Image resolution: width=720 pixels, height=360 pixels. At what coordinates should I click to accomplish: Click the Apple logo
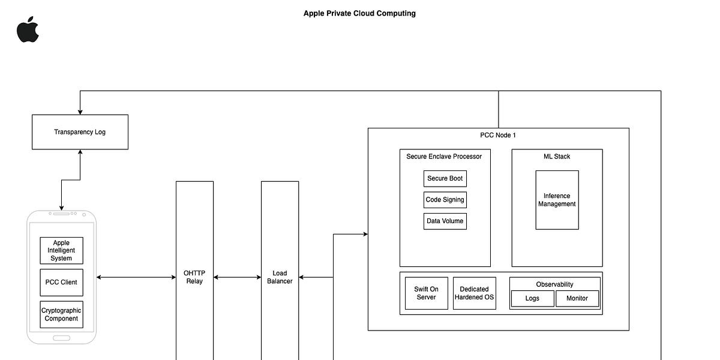28,30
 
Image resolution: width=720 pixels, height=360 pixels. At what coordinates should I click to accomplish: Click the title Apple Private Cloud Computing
359,13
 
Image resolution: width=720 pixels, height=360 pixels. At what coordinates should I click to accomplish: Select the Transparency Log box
80,132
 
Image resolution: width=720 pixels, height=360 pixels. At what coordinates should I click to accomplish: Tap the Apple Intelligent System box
61,251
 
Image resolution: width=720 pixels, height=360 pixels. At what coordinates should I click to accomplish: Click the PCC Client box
61,282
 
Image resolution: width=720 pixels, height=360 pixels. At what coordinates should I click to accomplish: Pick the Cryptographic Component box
61,314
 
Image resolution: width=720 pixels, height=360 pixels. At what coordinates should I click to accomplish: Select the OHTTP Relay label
194,277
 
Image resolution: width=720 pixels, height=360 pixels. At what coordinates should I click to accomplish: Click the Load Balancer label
280,277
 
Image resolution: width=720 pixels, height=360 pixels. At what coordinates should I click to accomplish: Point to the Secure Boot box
445,179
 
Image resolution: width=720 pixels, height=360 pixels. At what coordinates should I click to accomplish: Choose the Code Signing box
445,200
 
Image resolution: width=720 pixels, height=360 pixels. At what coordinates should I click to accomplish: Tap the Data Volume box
445,221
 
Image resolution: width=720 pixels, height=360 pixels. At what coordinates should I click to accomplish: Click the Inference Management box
557,200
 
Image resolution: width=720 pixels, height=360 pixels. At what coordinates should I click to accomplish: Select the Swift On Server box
426,293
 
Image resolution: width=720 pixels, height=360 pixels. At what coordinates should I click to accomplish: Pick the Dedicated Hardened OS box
474,293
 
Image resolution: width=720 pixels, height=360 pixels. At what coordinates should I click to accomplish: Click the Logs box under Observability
532,298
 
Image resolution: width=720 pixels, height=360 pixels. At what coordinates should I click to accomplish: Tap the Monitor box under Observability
577,298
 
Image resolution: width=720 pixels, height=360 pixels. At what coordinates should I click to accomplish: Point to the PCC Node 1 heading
498,135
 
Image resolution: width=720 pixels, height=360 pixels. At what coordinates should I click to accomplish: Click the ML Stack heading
557,157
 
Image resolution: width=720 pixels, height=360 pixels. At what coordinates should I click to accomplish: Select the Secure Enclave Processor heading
444,157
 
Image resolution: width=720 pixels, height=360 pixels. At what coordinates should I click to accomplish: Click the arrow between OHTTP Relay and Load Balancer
237,277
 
